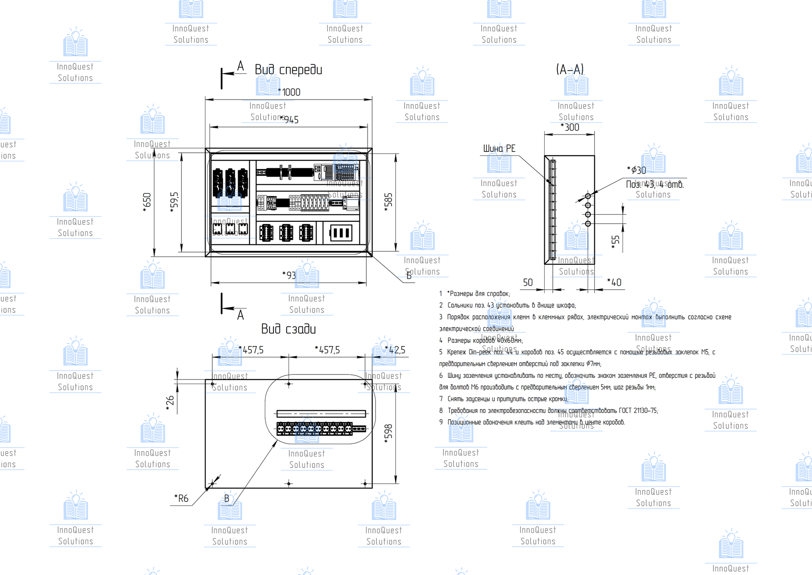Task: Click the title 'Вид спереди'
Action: pyautogui.click(x=288, y=70)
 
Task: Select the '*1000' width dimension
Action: pyautogui.click(x=290, y=92)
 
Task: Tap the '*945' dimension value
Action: pyautogui.click(x=290, y=120)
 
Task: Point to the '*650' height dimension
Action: pyautogui.click(x=147, y=202)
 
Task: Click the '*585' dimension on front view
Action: pyautogui.click(x=388, y=202)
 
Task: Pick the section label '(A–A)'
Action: pyautogui.click(x=570, y=69)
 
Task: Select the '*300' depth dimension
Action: pyautogui.click(x=570, y=127)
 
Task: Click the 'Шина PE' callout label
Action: pyautogui.click(x=499, y=149)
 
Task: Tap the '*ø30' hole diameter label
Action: pyautogui.click(x=636, y=170)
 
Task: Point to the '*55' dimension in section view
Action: pyautogui.click(x=615, y=242)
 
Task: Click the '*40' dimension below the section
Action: pyautogui.click(x=614, y=282)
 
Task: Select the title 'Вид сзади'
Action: pyautogui.click(x=288, y=329)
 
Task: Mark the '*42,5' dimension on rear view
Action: pyautogui.click(x=395, y=350)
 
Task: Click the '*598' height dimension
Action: pyautogui.click(x=388, y=434)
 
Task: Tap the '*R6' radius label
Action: pyautogui.click(x=182, y=498)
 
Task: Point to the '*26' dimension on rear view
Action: pyautogui.click(x=170, y=403)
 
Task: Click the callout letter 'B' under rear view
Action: pyautogui.click(x=227, y=499)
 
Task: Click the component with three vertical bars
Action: pyautogui.click(x=340, y=233)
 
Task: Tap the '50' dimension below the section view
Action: pyautogui.click(x=528, y=282)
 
